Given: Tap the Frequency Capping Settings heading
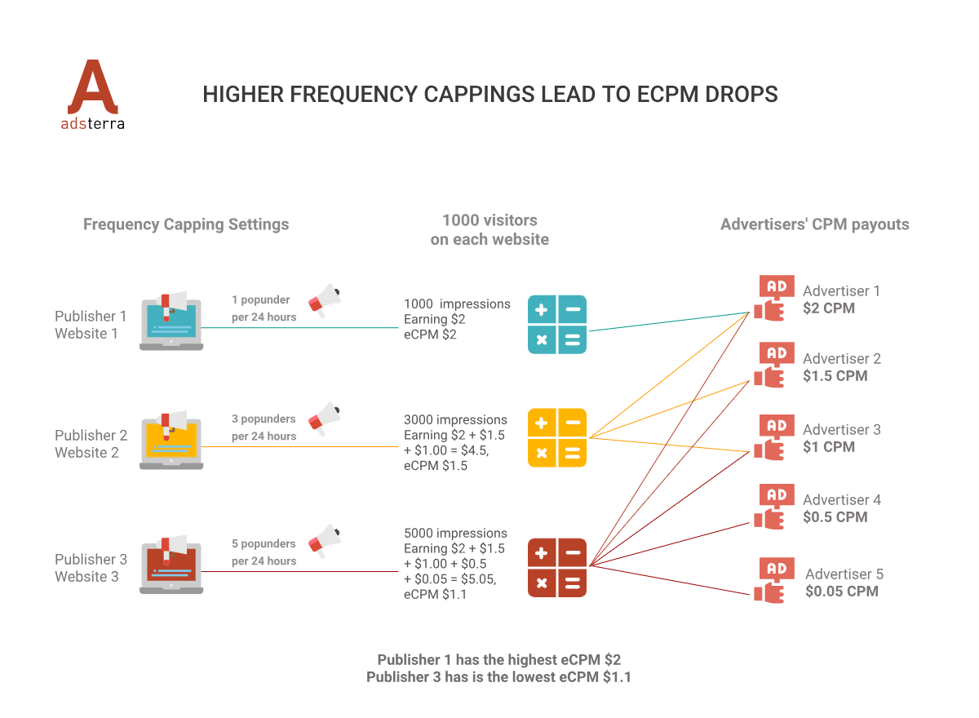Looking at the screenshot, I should tap(186, 224).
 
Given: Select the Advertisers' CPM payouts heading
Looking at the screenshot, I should tap(814, 224).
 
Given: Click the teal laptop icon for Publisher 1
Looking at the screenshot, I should tap(171, 321).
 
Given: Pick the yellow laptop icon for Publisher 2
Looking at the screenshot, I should tap(171, 441).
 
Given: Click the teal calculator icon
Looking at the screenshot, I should tap(557, 325).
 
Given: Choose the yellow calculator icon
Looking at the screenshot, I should tap(557, 437).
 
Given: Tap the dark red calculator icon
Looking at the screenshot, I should tap(557, 568).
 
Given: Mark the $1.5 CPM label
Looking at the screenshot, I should tap(835, 376).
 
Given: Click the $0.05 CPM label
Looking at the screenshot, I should tap(841, 592).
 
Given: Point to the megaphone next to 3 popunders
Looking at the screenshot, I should tap(325, 417).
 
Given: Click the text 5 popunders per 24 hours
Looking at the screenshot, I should tap(264, 552).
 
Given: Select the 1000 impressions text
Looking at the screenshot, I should tap(457, 304).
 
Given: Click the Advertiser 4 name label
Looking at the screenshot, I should tap(842, 500).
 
